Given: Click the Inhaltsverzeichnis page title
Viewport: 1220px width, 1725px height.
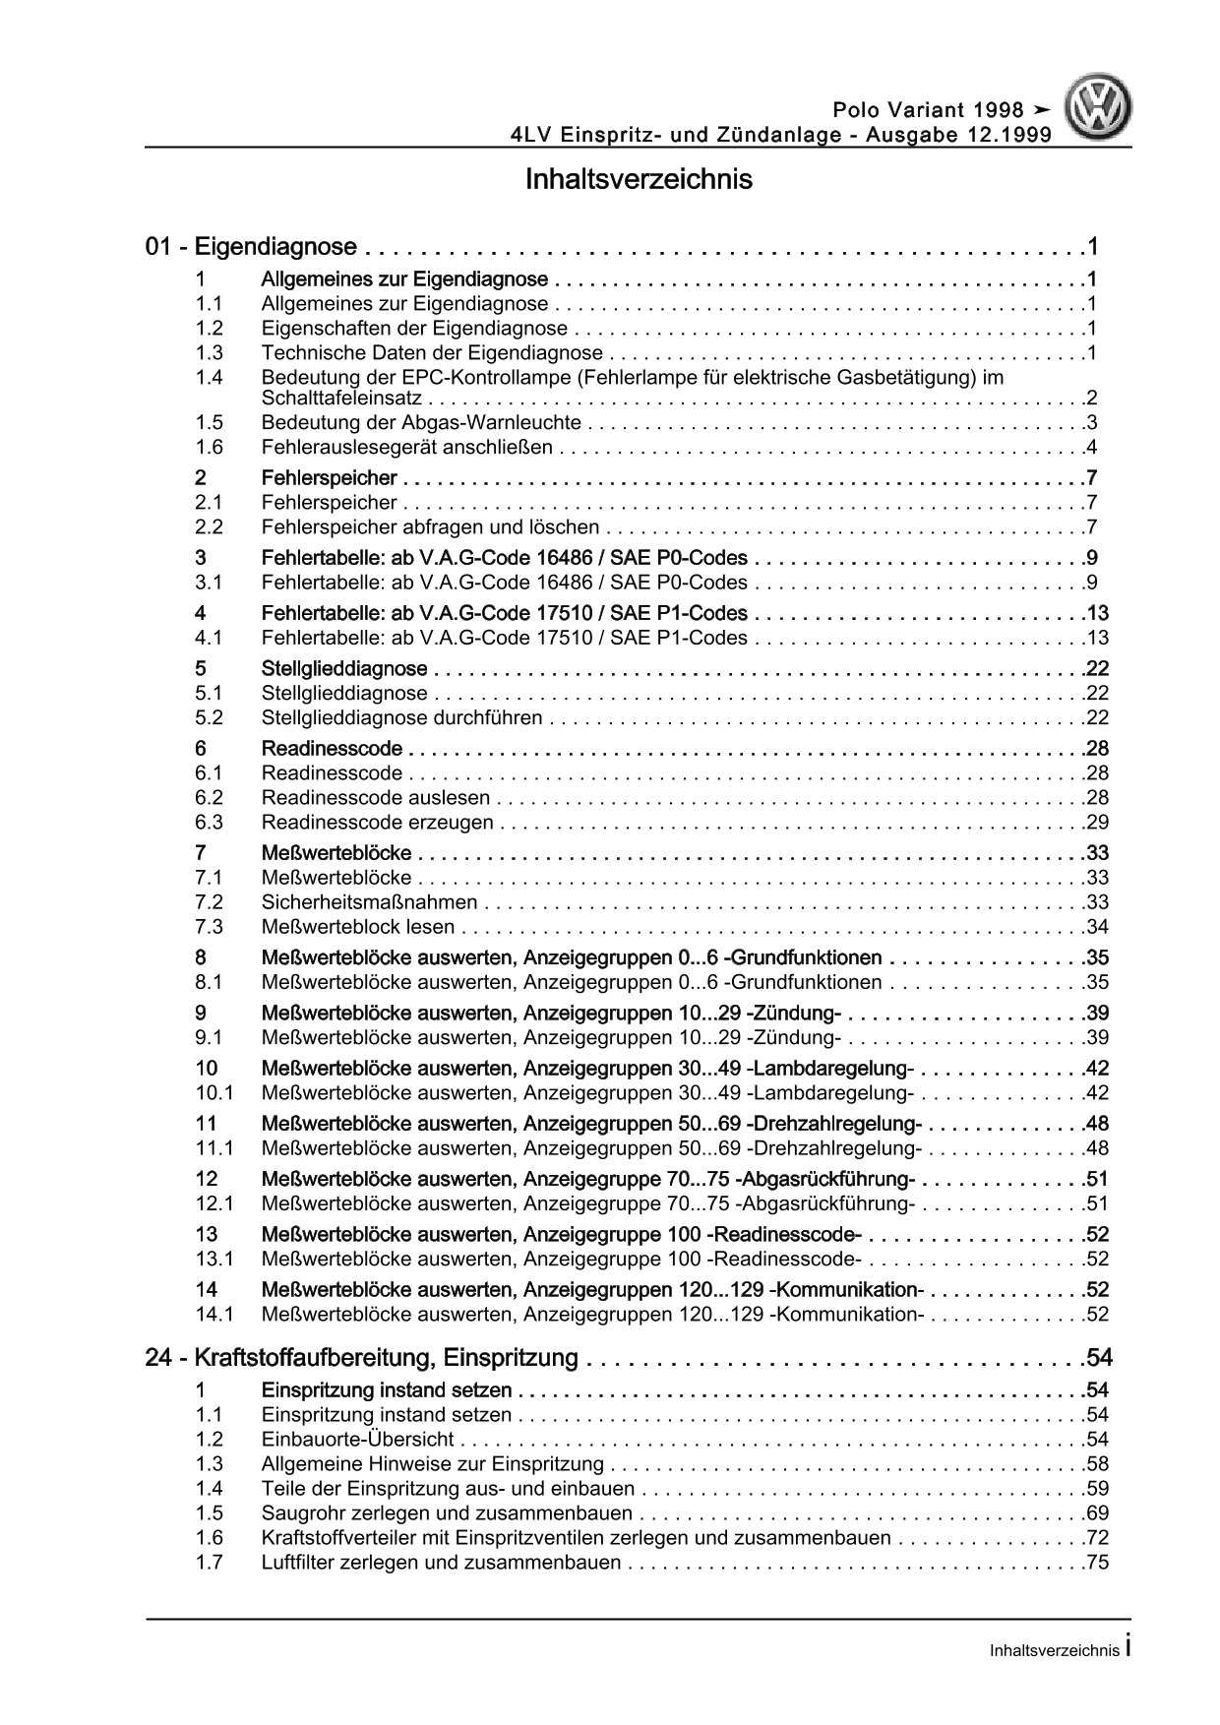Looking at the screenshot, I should pyautogui.click(x=639, y=180).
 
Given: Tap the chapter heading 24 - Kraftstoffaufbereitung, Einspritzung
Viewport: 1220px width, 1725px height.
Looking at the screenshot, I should pyautogui.click(x=361, y=1358).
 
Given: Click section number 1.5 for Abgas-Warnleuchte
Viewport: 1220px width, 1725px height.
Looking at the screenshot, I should pyautogui.click(x=209, y=423).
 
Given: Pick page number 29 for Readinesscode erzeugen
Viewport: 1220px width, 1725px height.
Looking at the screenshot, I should pyautogui.click(x=1097, y=823).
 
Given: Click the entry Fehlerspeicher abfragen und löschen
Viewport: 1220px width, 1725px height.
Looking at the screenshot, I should pyautogui.click(x=431, y=527).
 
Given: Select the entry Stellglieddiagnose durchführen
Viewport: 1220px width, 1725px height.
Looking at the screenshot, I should pyautogui.click(x=401, y=718).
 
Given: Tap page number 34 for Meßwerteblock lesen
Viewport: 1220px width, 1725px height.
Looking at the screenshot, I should pyautogui.click(x=1097, y=927).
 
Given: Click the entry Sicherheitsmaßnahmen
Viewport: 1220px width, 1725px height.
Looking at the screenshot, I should pyautogui.click(x=369, y=902).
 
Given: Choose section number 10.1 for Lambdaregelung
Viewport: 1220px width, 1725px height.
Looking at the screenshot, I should pyautogui.click(x=213, y=1092).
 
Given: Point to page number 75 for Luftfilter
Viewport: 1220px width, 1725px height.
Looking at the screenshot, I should pyautogui.click(x=1097, y=1563).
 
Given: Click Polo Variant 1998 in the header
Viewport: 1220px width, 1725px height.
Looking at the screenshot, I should pyautogui.click(x=928, y=110).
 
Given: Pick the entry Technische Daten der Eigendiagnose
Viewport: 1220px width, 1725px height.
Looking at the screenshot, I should pyautogui.click(x=432, y=353).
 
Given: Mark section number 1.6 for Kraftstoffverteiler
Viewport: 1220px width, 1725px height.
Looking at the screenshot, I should pyautogui.click(x=209, y=1538).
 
